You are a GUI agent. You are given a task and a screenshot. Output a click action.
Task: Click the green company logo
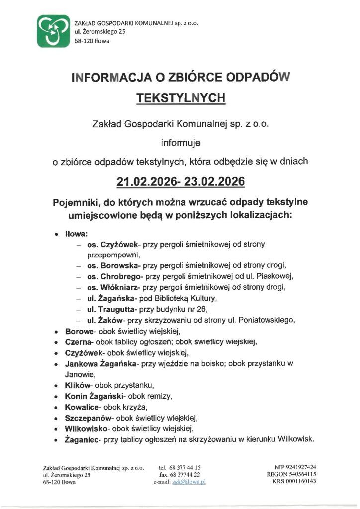pos(53,31)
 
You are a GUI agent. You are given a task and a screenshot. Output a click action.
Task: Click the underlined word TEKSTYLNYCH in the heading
pos(180,98)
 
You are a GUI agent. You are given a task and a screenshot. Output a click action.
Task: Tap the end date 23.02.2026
pos(215,182)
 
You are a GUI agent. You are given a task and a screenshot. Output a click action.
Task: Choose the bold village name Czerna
pos(77,342)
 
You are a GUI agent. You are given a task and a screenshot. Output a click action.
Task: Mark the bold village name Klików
pos(78,385)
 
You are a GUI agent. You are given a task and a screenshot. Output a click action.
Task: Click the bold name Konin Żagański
pos(95,396)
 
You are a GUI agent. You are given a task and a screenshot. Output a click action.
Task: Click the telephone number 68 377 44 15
pos(186,467)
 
